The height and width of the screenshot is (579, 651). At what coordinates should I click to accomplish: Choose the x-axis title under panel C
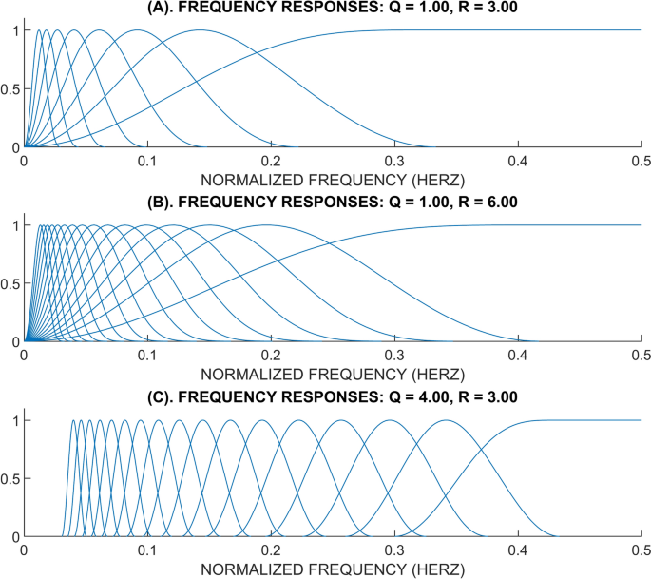pos(333,569)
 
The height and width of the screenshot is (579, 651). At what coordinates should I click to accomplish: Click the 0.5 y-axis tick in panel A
pos(10,89)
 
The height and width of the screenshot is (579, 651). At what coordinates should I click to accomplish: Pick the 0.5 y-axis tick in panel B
pos(10,283)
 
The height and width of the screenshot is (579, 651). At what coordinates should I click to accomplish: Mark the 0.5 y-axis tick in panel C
pos(10,478)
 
